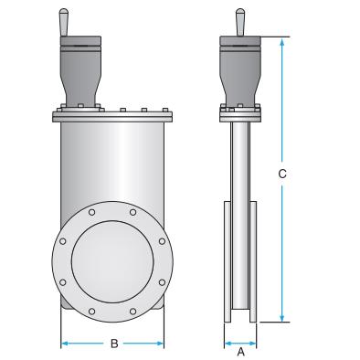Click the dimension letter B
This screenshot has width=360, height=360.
[x=114, y=344]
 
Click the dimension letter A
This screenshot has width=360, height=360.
[x=240, y=352]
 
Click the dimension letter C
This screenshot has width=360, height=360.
[x=282, y=174]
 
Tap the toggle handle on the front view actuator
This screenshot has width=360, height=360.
[x=64, y=22]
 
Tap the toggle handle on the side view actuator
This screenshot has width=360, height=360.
[x=240, y=22]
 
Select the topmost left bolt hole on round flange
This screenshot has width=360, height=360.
[x=92, y=212]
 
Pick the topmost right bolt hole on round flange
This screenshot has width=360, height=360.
[x=132, y=212]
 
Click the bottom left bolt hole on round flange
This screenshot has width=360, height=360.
[x=92, y=312]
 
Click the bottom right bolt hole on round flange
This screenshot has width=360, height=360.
[x=132, y=312]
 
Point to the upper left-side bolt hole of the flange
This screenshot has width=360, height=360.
[x=63, y=241]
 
